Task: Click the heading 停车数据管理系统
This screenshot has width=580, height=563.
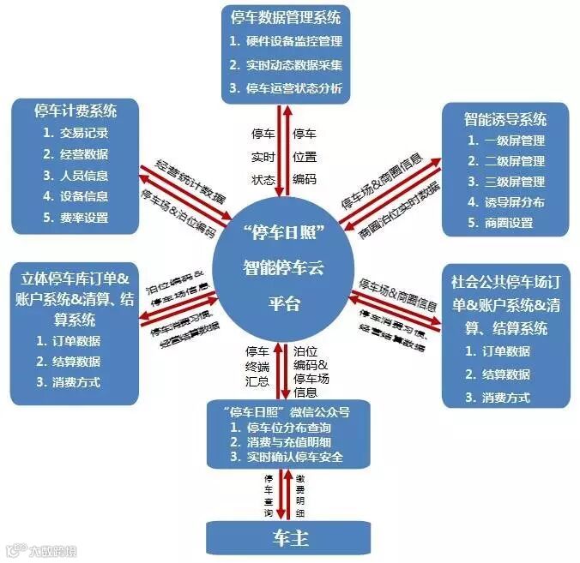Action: (x=289, y=16)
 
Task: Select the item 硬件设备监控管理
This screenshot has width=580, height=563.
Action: (x=294, y=41)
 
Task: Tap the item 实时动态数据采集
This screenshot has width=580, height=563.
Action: (x=294, y=65)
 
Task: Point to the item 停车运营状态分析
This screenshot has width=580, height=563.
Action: (x=294, y=88)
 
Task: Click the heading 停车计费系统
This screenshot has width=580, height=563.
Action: (x=76, y=111)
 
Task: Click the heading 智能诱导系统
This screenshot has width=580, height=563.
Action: (x=505, y=118)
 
